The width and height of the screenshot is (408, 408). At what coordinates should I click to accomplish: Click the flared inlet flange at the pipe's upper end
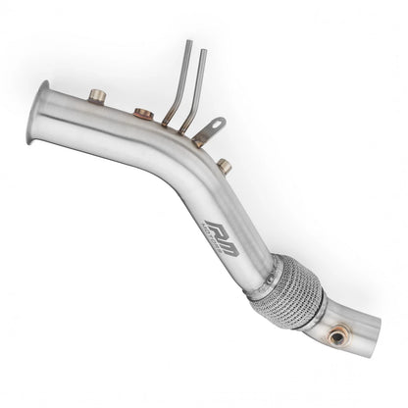44,100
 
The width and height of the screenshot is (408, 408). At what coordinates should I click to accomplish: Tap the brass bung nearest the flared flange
96,96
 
